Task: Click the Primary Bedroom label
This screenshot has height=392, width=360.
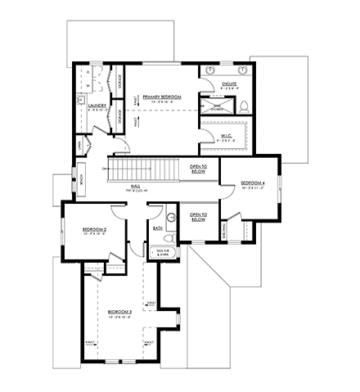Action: point(161,97)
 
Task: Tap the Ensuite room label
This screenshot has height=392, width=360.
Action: point(229,83)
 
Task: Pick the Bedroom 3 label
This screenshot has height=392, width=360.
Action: point(119,312)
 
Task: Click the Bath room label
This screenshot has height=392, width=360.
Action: point(157,229)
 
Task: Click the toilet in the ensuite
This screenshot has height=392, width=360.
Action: point(244,103)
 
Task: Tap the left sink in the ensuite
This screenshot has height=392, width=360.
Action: point(209,69)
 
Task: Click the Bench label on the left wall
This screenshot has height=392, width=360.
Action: point(82,179)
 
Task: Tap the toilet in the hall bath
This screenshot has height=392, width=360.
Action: point(172,219)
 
